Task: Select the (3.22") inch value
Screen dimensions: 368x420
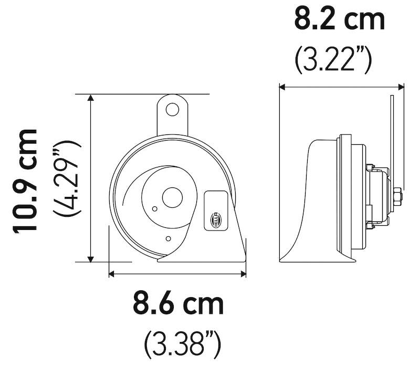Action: pos(333,60)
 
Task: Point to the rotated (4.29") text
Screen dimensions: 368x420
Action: pos(67,178)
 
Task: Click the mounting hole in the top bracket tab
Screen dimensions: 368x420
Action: pos(172,109)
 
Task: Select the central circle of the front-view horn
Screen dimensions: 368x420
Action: pos(171,198)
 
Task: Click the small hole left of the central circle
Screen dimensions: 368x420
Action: pos(154,209)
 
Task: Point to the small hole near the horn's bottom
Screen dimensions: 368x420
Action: pos(167,239)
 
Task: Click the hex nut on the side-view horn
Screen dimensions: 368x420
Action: pos(397,197)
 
